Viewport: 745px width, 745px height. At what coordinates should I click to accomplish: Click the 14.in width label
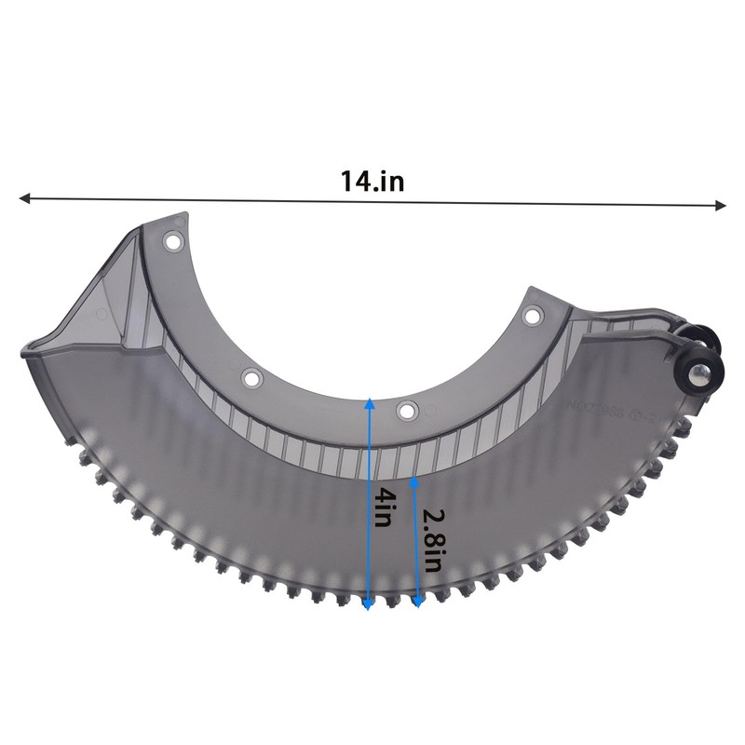[x=372, y=181]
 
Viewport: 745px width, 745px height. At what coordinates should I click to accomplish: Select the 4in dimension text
[x=382, y=509]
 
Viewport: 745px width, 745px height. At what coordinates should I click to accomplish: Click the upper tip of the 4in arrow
[x=369, y=401]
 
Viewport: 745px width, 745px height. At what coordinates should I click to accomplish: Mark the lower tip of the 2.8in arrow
[x=418, y=604]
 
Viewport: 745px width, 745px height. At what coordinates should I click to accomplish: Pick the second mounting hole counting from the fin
[x=250, y=377]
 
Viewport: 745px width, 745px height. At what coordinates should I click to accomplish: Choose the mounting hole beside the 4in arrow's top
[x=406, y=409]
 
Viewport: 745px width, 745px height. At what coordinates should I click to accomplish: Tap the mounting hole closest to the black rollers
[x=532, y=317]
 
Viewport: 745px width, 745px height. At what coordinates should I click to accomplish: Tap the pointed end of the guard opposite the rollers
[x=26, y=352]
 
